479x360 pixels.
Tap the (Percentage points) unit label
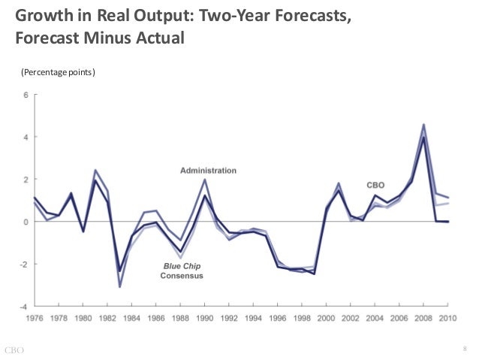tap(57, 72)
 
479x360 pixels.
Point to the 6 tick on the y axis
tap(26, 95)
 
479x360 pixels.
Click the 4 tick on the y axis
tap(26, 137)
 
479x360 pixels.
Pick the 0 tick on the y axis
tap(26, 222)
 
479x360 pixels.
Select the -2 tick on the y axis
tap(25, 264)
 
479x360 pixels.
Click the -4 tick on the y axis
tap(25, 306)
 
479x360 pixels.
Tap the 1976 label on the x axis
tap(35, 318)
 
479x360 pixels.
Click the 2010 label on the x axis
tap(448, 318)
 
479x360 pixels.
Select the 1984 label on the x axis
tap(132, 318)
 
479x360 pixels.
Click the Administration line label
tap(208, 171)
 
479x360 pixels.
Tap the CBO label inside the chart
tap(375, 184)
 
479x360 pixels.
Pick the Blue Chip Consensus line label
tap(182, 271)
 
